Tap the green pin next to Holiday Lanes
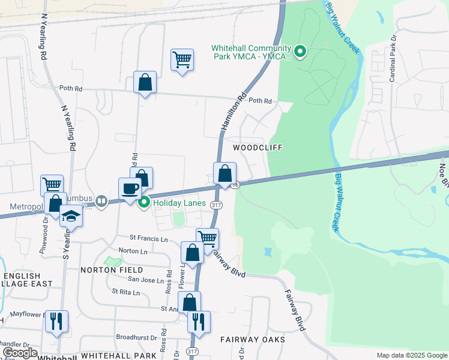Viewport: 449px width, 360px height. point(144,203)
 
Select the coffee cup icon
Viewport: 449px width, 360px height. point(130,189)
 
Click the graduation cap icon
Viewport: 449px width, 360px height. point(71,215)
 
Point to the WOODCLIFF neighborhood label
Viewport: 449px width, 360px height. point(258,147)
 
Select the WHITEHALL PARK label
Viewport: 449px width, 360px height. point(118,356)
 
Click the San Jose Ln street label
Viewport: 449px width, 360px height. point(144,280)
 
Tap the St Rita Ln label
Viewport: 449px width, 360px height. point(125,292)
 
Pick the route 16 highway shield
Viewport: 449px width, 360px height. point(237,185)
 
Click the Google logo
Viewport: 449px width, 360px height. point(20,353)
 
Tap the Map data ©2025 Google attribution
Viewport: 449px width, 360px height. point(411,355)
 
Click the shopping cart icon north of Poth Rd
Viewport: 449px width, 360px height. point(182,59)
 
